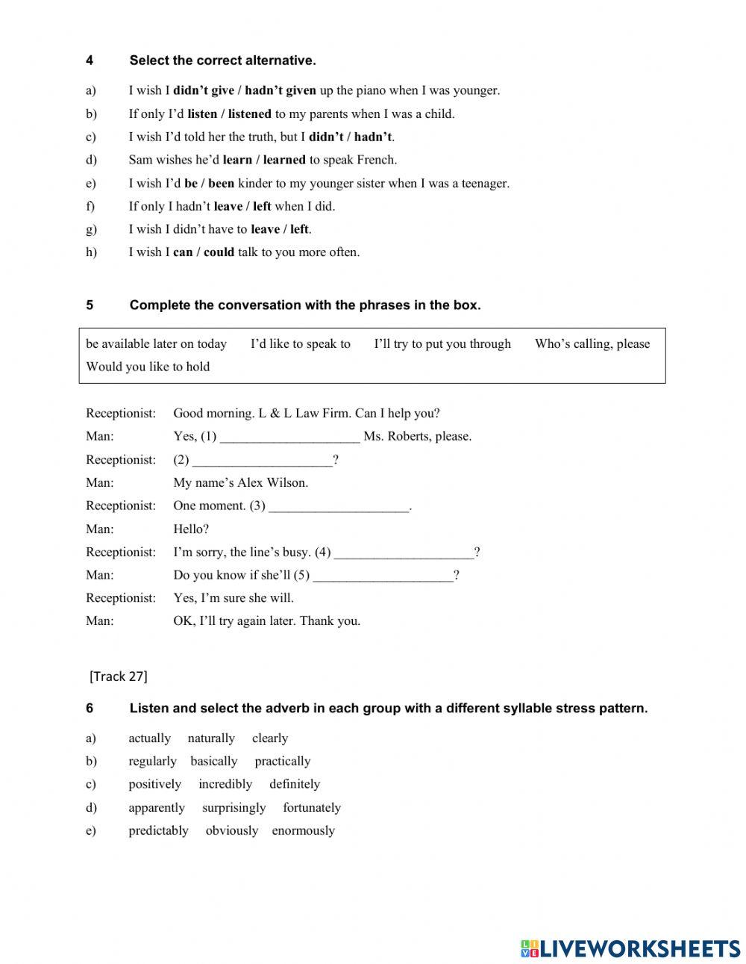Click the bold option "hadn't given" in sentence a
(280, 90)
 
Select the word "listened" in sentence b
(250, 113)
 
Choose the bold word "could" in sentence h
(219, 252)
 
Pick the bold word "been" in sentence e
(221, 183)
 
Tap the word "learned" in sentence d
(284, 159)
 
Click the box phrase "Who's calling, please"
(592, 343)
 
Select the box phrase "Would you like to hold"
(148, 367)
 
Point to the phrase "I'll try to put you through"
(442, 343)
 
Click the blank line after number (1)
(290, 438)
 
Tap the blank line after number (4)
(404, 553)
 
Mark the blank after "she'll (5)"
(383, 576)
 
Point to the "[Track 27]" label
(119, 677)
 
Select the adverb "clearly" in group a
(270, 738)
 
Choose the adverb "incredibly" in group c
(225, 784)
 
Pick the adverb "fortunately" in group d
(312, 807)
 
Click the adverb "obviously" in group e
(231, 830)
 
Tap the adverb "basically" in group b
(213, 761)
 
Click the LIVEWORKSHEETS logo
(630, 948)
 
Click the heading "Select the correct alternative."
(222, 60)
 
